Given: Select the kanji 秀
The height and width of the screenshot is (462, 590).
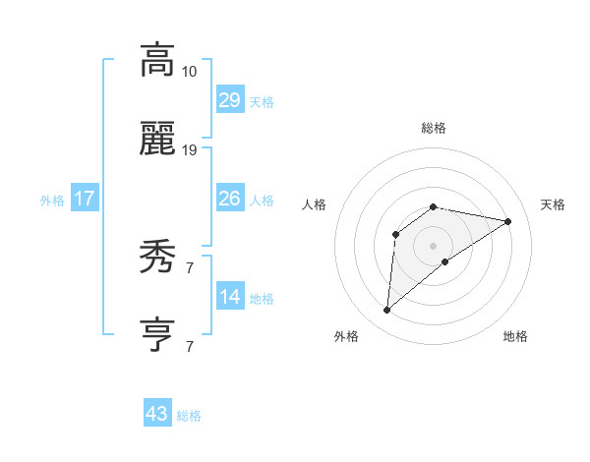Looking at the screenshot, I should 157,259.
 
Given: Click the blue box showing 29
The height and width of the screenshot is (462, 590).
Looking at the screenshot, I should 229,100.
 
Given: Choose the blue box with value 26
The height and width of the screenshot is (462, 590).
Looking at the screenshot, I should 229,199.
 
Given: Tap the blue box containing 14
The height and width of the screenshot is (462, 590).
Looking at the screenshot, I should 229,297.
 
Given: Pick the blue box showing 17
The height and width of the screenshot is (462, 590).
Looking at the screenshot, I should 85,199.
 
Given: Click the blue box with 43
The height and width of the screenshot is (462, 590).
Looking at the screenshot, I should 157,414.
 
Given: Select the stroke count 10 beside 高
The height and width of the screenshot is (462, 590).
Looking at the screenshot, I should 189,72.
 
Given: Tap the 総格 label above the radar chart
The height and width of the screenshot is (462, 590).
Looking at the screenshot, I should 433,128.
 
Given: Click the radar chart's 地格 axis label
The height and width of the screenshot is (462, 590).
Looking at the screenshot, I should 515,336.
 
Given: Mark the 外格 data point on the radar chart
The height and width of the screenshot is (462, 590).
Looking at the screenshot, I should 387,311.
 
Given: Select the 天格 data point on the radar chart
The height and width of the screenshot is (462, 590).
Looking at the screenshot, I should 508,221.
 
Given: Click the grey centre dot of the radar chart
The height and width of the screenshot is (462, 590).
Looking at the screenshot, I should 433,245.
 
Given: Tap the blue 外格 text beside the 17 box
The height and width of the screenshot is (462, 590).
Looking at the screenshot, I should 52,200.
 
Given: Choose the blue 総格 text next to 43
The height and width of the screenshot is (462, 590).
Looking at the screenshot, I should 189,416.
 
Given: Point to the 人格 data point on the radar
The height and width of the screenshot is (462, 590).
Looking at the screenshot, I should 396,234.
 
